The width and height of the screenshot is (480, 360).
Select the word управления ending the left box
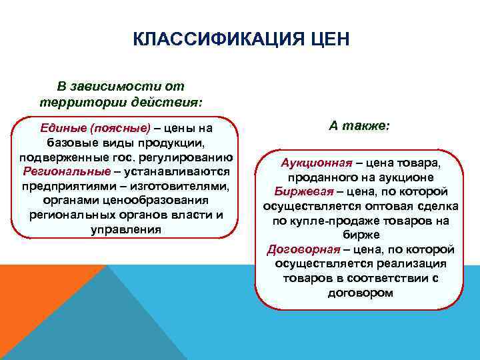(x=125, y=229)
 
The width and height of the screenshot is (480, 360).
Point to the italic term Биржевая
(x=292, y=191)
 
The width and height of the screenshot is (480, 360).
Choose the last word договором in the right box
(x=360, y=293)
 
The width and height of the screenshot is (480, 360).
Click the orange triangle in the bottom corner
(x=33, y=313)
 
